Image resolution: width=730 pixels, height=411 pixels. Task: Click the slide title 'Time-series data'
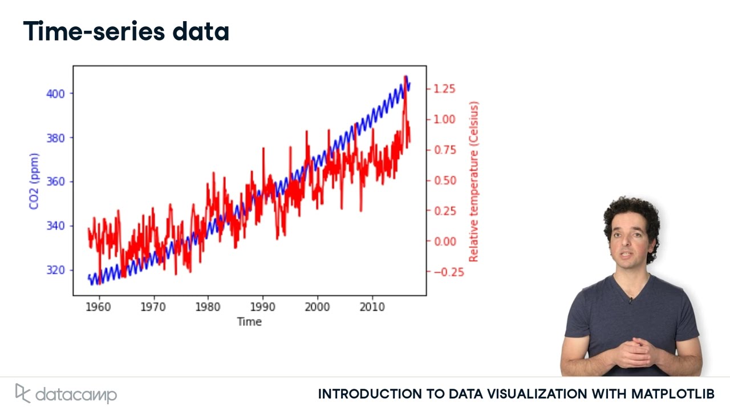[126, 31]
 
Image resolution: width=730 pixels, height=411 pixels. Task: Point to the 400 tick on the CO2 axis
[55, 93]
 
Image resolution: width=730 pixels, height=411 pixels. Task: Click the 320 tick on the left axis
[55, 270]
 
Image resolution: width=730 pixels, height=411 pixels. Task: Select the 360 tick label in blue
[55, 182]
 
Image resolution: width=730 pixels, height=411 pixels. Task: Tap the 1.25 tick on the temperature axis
[444, 88]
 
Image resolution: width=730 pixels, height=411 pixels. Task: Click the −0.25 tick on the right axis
[448, 272]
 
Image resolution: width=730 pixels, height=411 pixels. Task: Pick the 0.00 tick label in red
[444, 241]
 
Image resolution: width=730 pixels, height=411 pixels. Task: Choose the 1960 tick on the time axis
[99, 307]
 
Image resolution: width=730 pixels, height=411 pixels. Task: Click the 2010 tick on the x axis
[372, 307]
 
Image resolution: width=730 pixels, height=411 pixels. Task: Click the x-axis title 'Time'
[249, 322]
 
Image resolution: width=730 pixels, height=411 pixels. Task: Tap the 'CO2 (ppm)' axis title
[34, 181]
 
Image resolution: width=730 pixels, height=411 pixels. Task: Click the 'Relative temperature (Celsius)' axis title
[473, 182]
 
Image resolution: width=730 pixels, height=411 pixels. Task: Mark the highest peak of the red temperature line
[405, 76]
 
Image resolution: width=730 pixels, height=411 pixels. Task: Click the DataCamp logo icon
[22, 393]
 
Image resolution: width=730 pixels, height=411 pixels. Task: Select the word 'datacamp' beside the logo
[76, 394]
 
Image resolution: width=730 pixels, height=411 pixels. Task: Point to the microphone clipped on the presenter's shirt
[630, 300]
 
